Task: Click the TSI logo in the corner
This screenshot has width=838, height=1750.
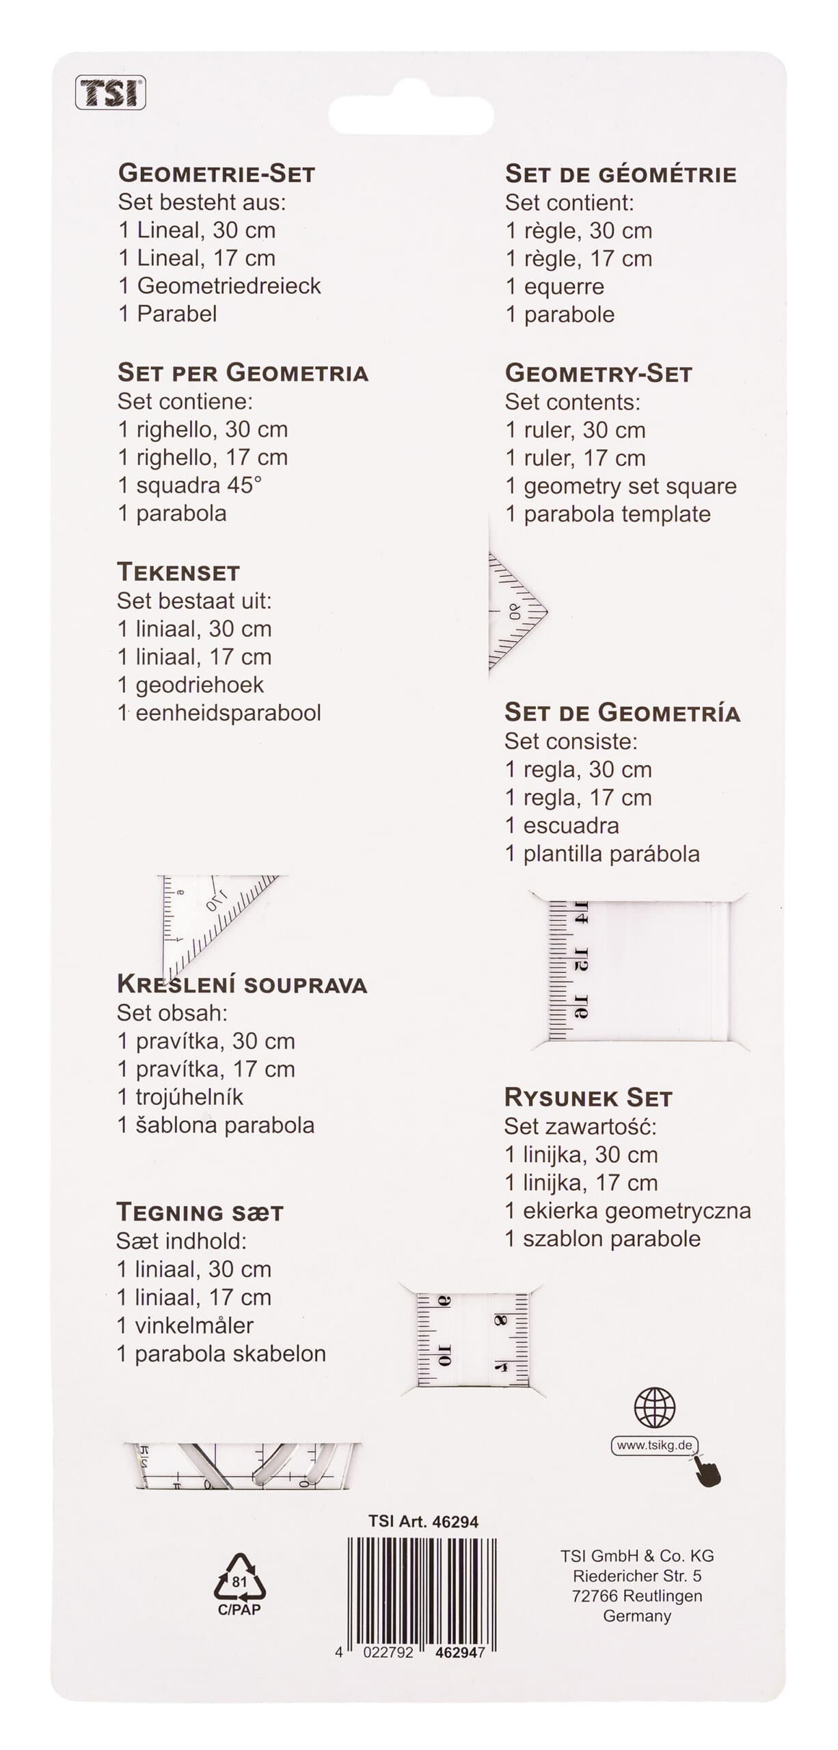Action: [110, 92]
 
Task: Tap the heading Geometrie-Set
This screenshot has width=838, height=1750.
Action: [216, 174]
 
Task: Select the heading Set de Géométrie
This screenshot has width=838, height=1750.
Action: [620, 174]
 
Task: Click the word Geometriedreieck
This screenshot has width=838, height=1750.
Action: [229, 286]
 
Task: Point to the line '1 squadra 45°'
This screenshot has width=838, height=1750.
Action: [189, 485]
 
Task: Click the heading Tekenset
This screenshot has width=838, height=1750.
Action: [178, 572]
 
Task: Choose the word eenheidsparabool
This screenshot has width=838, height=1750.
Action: [228, 713]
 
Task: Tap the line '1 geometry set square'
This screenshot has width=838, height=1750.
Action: [621, 486]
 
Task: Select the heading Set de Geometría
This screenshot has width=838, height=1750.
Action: [622, 713]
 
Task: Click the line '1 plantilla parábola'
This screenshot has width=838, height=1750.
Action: [602, 854]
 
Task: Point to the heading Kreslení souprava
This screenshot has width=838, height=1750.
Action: [242, 984]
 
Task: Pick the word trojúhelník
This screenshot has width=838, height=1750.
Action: [189, 1097]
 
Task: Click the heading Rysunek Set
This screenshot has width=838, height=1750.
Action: [588, 1098]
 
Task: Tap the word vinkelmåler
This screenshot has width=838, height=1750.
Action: [194, 1325]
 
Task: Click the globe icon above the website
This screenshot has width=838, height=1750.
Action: [654, 1408]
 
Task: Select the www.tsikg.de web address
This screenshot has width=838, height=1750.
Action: [654, 1445]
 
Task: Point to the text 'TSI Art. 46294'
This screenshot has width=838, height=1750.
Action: [423, 1521]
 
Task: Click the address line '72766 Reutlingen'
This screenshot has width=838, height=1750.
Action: [636, 1596]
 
